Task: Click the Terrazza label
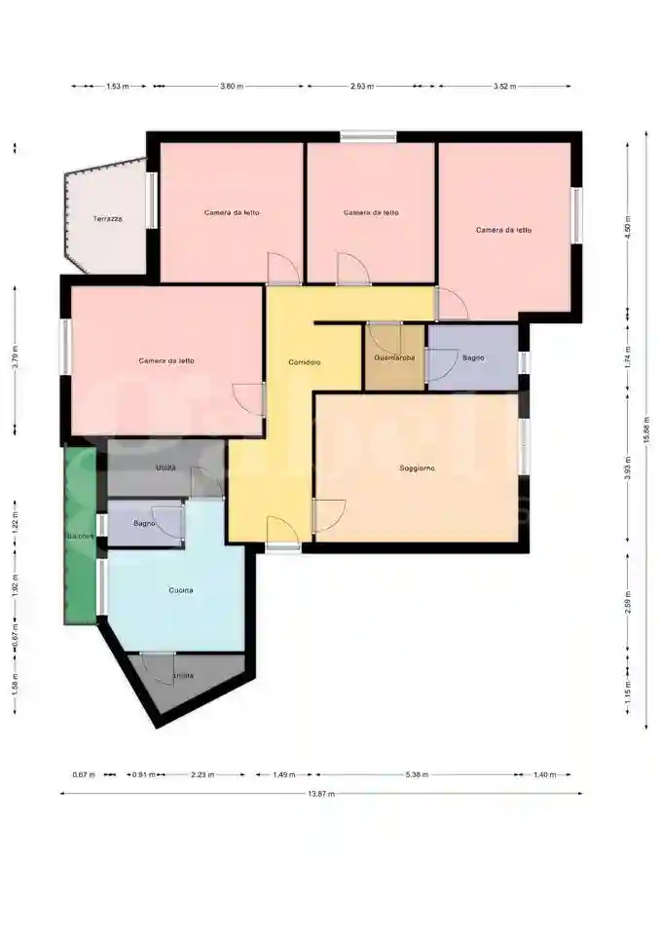(108, 218)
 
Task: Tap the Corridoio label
(305, 362)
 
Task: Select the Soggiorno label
(417, 468)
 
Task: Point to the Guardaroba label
(394, 358)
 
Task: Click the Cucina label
(181, 590)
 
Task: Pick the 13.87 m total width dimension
(321, 794)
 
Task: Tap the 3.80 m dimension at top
(232, 87)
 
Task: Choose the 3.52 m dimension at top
(503, 87)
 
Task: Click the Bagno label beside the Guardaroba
(473, 358)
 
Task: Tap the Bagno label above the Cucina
(145, 525)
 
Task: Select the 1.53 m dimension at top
(118, 87)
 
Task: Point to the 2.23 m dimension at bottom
(203, 775)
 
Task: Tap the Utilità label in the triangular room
(183, 676)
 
